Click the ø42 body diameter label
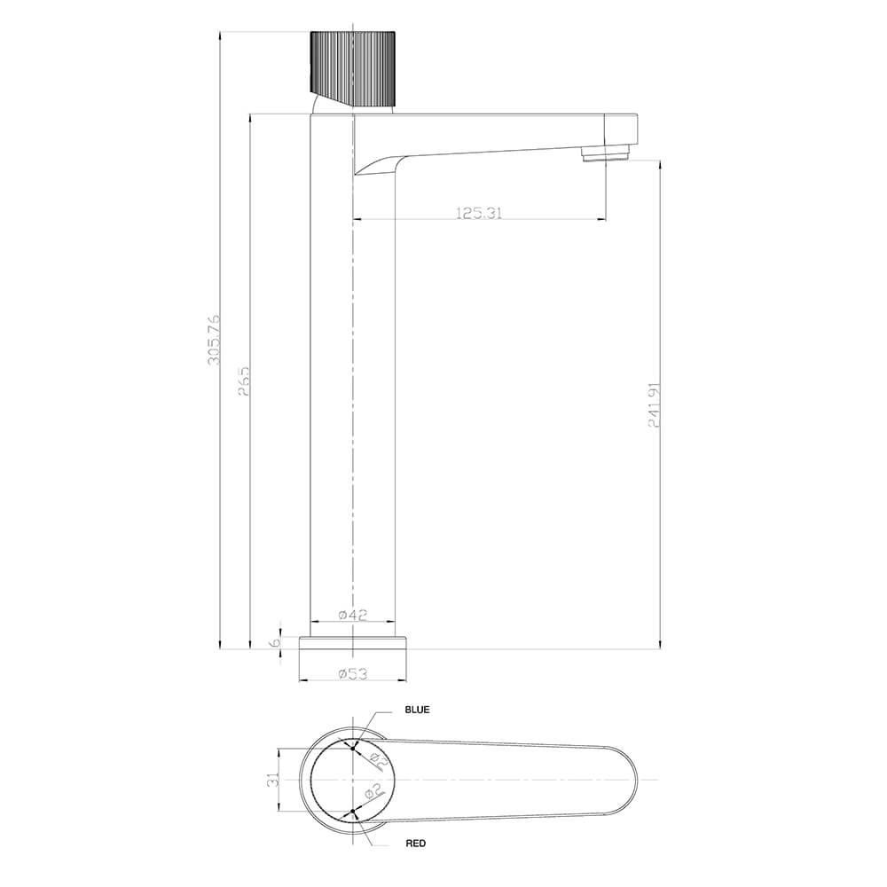point(353,615)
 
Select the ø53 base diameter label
point(353,674)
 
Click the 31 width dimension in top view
point(274,779)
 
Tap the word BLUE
point(417,710)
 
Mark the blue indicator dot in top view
point(353,748)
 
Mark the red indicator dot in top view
point(353,811)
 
